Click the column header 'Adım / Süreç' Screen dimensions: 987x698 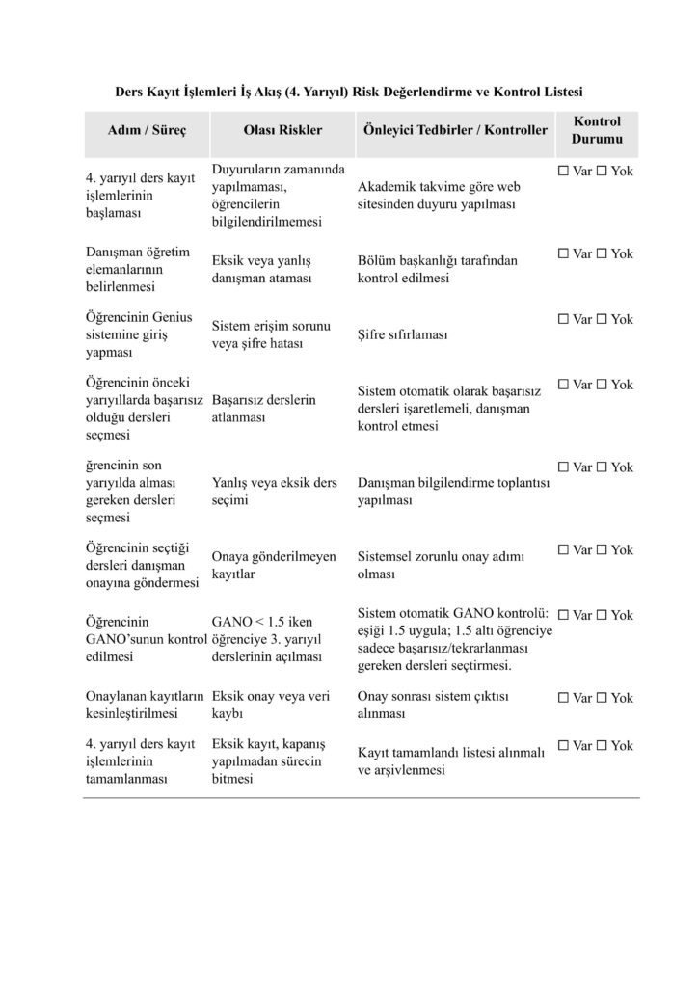147,130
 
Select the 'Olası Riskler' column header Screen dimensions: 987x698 283,130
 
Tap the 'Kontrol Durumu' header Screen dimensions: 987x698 597,130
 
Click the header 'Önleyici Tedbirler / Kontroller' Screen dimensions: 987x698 454,130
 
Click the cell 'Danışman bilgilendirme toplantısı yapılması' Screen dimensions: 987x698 452,492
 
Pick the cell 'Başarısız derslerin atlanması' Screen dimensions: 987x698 263,409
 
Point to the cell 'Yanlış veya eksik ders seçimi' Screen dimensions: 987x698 274,492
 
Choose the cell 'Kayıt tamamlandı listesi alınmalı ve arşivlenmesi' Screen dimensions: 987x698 451,761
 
